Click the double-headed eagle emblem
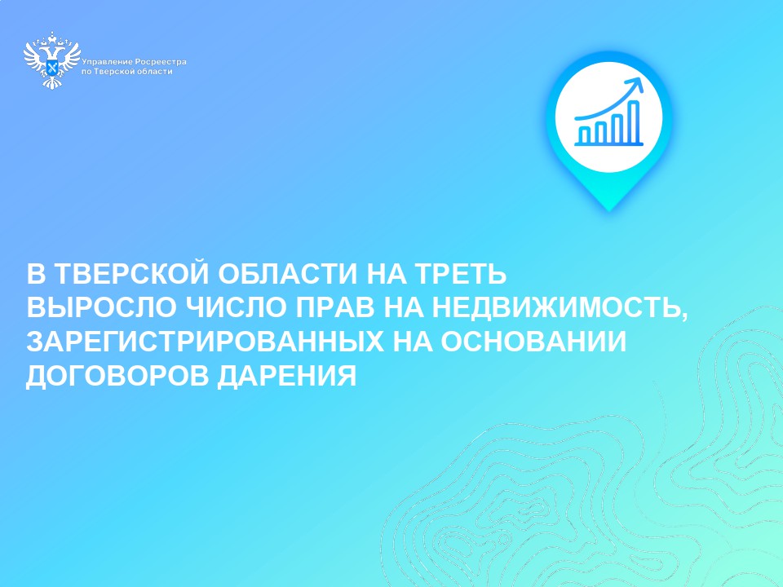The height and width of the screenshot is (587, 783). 52,60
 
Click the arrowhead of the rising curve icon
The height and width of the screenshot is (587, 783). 636,84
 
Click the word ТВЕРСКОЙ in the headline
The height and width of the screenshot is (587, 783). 130,274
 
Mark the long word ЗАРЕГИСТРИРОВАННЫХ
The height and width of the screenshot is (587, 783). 206,342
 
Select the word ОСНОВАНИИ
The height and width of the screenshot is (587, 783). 533,342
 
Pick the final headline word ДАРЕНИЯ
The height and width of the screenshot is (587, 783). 286,376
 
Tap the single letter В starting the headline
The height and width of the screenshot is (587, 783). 36,274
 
